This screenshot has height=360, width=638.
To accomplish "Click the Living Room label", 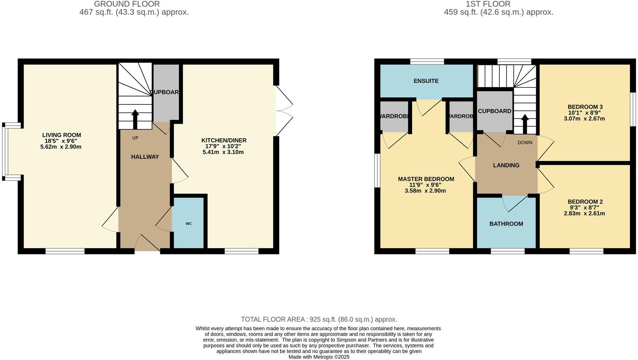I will (61, 135).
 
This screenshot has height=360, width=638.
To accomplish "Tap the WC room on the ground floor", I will (188, 224).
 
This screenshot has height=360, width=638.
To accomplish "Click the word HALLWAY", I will (145, 157).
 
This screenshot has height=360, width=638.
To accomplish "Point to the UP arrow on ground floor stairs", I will (135, 119).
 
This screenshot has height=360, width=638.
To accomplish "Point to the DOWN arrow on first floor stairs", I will (524, 124).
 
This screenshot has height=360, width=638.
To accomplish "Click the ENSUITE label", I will (426, 81).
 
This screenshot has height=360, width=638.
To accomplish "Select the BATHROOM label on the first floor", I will (506, 224).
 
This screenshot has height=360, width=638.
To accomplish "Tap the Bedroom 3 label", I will (585, 107).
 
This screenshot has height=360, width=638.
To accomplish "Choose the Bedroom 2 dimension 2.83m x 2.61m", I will (584, 213).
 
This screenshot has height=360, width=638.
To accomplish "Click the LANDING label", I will (506, 165).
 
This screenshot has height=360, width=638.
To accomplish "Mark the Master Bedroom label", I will (426, 179).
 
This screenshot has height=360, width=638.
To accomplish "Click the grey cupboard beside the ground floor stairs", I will (166, 93).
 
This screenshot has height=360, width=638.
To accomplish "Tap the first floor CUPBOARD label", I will (494, 111).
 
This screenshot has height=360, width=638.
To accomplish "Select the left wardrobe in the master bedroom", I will (394, 116).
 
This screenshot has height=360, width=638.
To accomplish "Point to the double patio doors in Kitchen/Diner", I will (284, 111).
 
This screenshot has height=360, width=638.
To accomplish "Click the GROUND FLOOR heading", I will (126, 4).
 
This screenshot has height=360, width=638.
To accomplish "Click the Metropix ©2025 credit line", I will (319, 357).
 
